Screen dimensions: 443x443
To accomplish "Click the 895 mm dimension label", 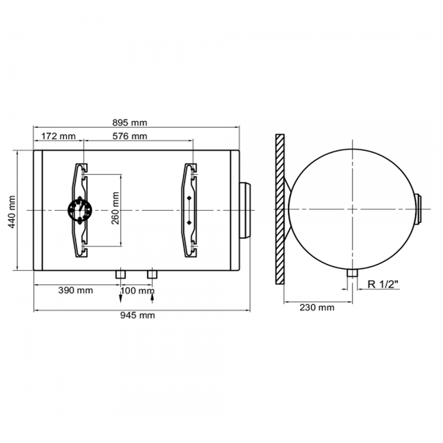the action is tap(130, 123).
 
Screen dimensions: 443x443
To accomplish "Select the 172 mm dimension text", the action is tap(58, 136).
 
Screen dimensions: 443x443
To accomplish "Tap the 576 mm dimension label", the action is tap(130, 136).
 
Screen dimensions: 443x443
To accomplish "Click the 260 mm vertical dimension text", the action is tap(115, 208).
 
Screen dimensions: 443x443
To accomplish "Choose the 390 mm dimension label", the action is tap(75, 290).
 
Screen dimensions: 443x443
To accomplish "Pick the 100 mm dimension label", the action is tap(137, 290).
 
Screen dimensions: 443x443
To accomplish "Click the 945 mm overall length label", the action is tap(137, 315).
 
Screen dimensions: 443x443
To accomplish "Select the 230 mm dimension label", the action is tap(317, 307).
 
